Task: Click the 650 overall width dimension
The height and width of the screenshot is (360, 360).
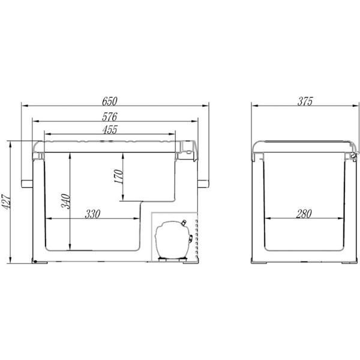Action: tap(110, 101)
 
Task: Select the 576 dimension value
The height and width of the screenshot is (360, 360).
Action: tap(110, 117)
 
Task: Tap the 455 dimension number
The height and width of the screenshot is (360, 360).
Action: tap(110, 130)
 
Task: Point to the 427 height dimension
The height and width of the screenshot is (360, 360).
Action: tap(6, 202)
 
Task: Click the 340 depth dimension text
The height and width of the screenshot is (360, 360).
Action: tap(65, 202)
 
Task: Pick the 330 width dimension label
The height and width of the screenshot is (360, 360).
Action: tap(92, 214)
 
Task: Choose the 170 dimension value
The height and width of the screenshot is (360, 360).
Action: tap(119, 176)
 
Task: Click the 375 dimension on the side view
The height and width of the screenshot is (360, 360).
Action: tap(305, 101)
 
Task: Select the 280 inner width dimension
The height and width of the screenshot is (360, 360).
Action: tap(304, 214)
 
